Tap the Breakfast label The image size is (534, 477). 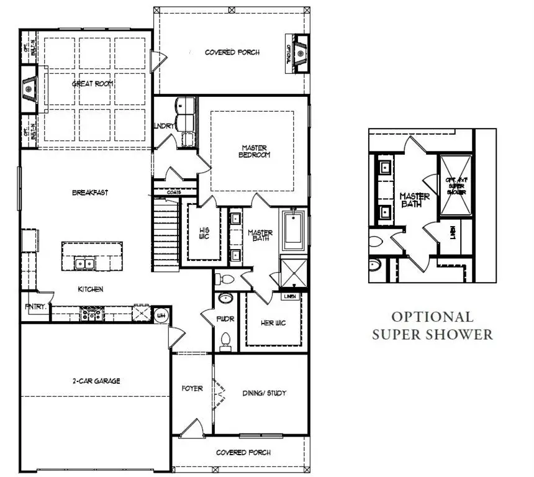[90, 193]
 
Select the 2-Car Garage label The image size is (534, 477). [95, 381]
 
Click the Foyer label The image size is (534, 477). [192, 389]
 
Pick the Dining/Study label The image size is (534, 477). [264, 394]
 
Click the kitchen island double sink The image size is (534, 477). [85, 263]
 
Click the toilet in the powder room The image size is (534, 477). [226, 340]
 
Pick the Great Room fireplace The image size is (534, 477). [29, 89]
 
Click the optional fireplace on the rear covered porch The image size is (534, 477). [301, 54]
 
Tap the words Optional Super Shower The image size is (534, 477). [432, 325]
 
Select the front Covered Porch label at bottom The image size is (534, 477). [243, 453]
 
